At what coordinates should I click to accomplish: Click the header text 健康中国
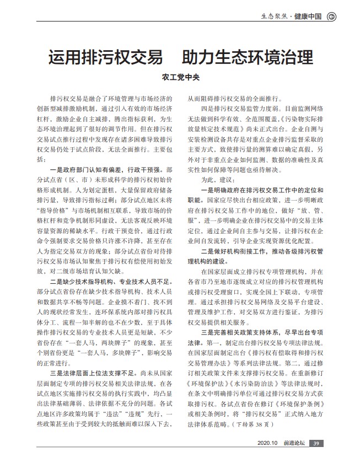(309, 16)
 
